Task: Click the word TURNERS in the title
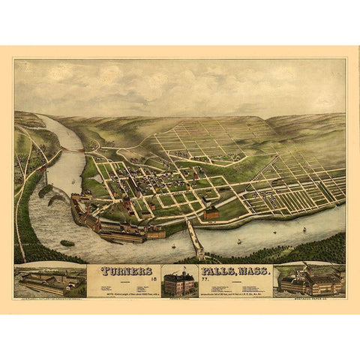tap(119, 271)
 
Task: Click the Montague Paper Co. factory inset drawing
tap(309, 280)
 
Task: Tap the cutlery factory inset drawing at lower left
tap(49, 280)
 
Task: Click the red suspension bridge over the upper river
tap(74, 149)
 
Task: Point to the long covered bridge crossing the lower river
tap(195, 240)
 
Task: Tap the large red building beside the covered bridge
tap(211, 214)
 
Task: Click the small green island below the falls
tap(67, 243)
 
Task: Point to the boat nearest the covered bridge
tap(174, 244)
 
